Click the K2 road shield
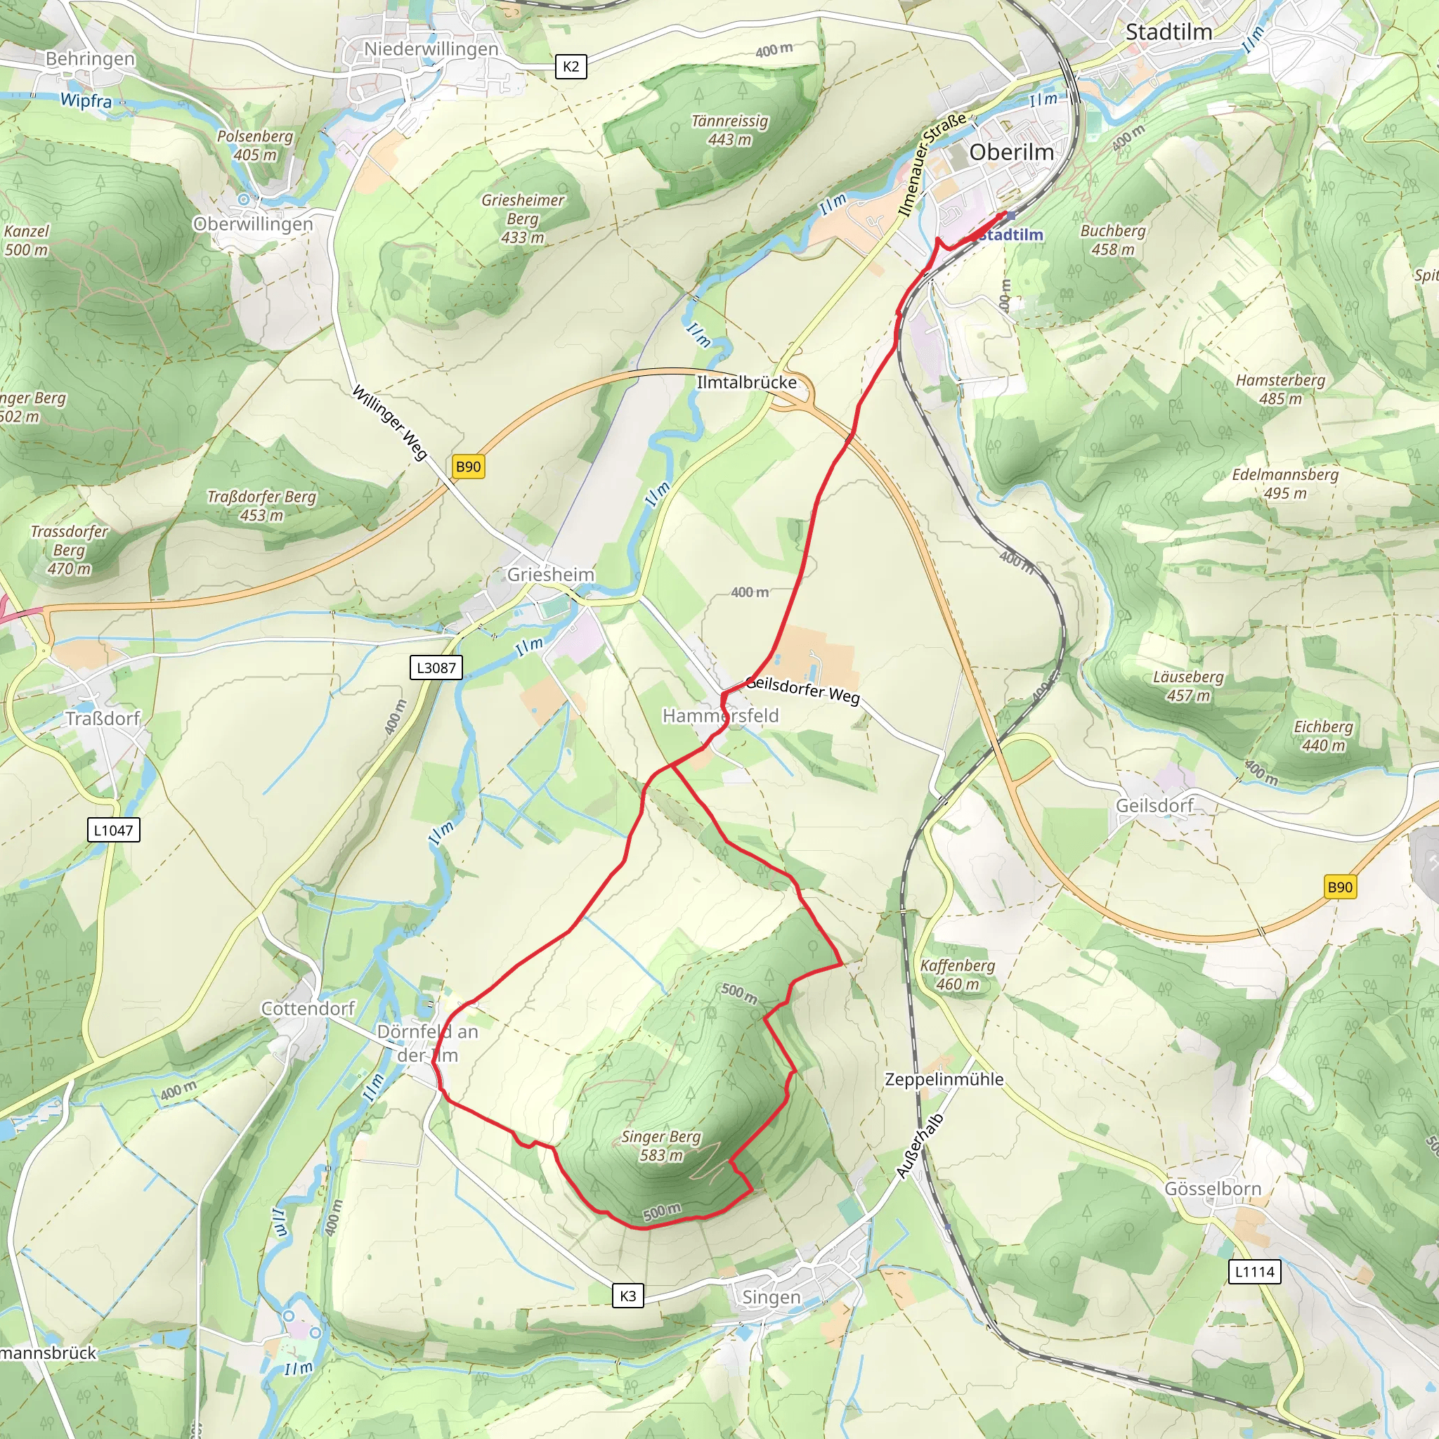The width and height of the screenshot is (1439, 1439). (x=571, y=66)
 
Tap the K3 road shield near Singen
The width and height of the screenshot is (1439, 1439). (x=628, y=1296)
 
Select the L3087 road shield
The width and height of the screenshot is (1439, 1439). (x=436, y=668)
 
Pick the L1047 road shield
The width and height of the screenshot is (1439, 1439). (x=113, y=830)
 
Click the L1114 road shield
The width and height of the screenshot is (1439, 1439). (x=1255, y=1271)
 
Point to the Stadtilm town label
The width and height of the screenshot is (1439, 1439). (x=1168, y=32)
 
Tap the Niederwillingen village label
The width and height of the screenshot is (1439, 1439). (x=431, y=49)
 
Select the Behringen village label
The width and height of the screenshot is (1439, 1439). (x=90, y=59)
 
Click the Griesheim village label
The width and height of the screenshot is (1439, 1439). (x=550, y=574)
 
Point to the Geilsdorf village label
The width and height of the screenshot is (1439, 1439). (x=1154, y=805)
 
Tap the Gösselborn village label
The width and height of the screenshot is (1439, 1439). (x=1213, y=1189)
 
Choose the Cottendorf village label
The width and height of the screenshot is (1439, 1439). (x=308, y=1008)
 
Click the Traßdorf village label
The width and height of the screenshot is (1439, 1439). (x=102, y=719)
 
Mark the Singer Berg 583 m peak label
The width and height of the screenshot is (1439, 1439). (x=660, y=1145)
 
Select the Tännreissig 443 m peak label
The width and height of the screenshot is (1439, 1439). (x=729, y=131)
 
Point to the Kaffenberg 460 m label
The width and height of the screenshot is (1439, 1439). (x=957, y=975)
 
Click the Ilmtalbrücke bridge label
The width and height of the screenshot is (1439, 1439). (x=746, y=383)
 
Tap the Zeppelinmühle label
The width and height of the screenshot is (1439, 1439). (x=944, y=1079)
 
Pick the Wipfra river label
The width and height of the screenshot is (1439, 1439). (x=86, y=100)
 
